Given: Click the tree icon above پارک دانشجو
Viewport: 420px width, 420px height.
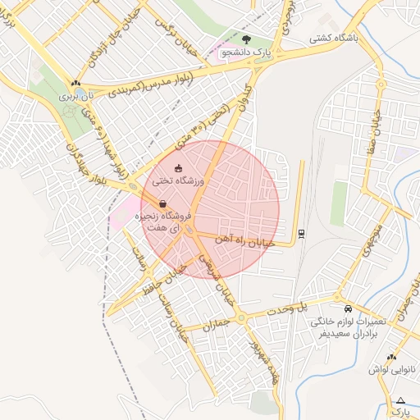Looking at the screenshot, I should [x=247, y=39].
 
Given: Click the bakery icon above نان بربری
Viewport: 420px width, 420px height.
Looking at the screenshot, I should [x=76, y=83].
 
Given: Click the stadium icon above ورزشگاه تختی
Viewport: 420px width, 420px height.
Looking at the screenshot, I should [x=179, y=168].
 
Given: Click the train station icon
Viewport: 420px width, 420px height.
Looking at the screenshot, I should [x=301, y=232].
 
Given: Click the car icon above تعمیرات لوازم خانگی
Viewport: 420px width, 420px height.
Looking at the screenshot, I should [x=349, y=308].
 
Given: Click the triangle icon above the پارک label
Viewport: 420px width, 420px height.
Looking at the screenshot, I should [x=400, y=400].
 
